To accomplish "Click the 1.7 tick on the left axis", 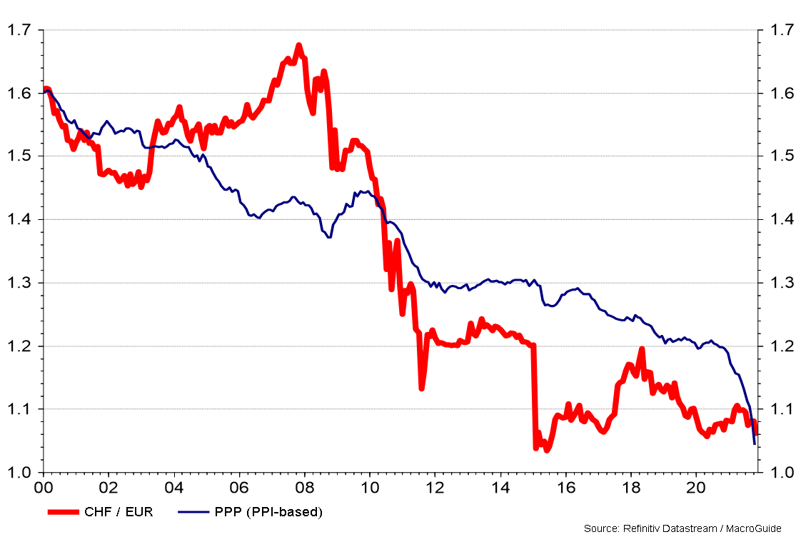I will [x=19, y=30].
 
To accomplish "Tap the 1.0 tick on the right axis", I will [x=776, y=473].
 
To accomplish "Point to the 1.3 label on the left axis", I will [x=19, y=283].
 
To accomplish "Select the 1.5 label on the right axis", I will [x=776, y=156].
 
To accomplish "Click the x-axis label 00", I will [x=44, y=489].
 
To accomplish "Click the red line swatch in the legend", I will [x=66, y=511].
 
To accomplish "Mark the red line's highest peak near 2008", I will [x=298, y=46].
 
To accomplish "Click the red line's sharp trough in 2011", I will [x=422, y=388].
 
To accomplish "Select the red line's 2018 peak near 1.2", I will [x=642, y=349].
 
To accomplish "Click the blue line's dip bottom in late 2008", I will [x=328, y=237].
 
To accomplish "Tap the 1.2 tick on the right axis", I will [x=776, y=346].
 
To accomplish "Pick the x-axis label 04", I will [x=174, y=489].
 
